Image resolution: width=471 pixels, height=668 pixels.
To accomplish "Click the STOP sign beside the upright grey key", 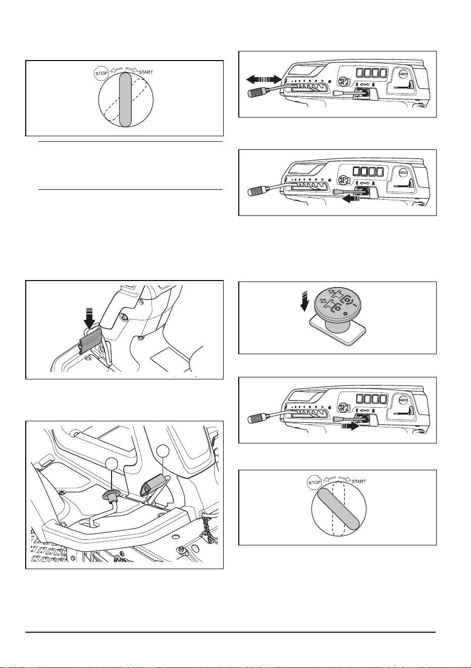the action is click(101, 73).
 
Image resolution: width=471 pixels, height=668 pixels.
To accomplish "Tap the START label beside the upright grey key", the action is click(146, 72).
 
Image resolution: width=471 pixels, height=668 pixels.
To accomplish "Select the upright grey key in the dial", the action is click(125, 99).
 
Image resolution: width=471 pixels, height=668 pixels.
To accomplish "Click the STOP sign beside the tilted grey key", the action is click(314, 482).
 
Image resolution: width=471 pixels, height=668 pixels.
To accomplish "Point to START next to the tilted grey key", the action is click(359, 481).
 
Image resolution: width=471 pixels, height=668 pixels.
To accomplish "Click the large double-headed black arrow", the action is click(264, 79).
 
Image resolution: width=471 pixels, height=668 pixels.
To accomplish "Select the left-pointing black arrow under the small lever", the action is click(351, 199).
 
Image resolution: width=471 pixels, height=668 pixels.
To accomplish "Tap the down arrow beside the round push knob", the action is click(304, 302).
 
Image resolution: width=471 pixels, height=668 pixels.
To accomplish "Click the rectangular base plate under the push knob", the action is click(338, 330).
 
